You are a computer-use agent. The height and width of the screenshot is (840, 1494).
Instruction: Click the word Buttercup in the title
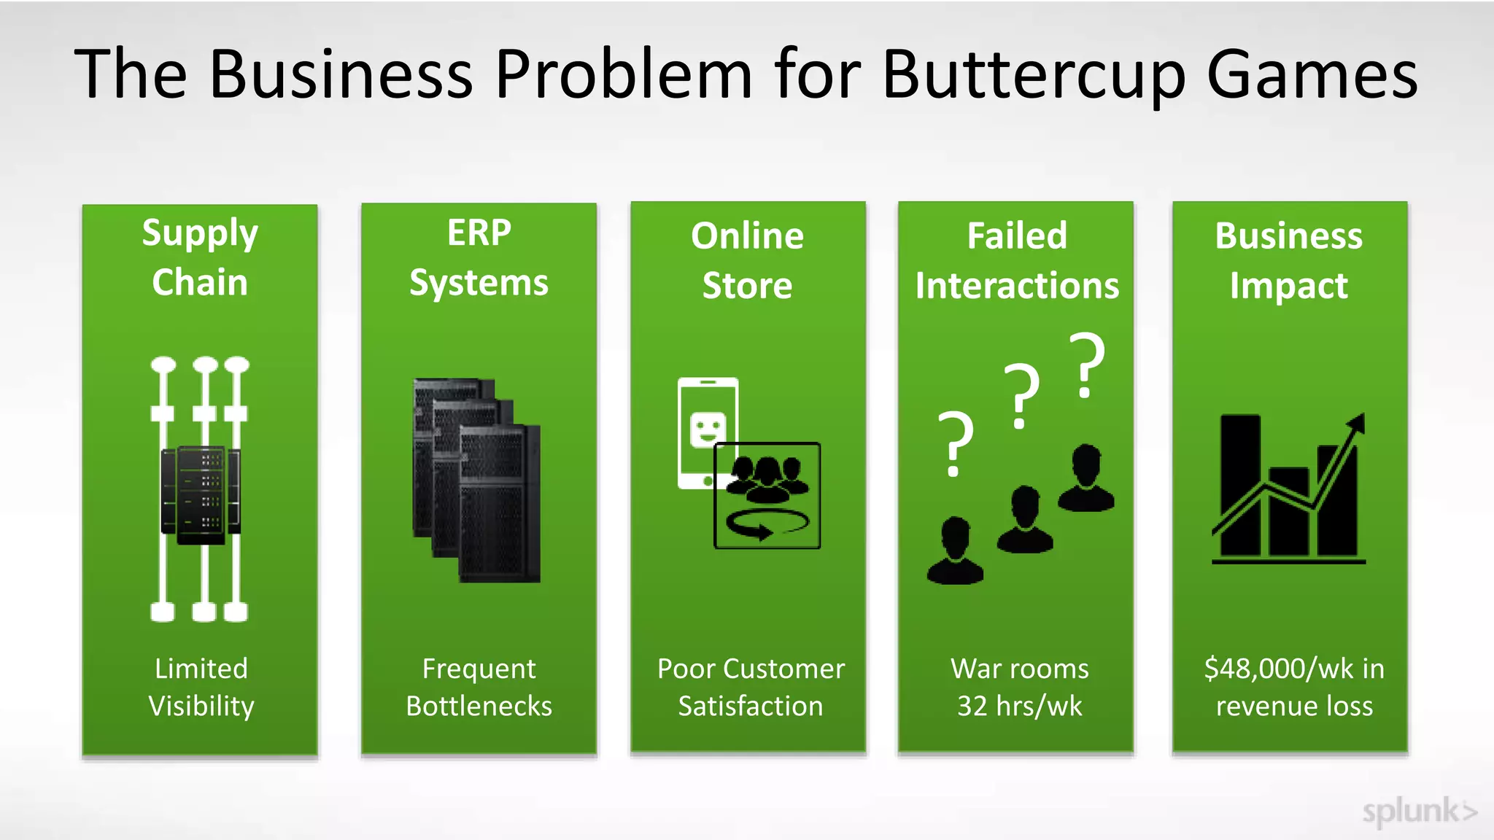click(x=1035, y=74)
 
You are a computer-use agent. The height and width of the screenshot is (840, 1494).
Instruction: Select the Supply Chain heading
click(x=200, y=257)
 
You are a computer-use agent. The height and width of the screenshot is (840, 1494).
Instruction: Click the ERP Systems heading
click(x=479, y=257)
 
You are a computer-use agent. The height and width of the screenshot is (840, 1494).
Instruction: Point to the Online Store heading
click(x=747, y=260)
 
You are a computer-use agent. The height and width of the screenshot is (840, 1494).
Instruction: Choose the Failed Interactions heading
click(x=1016, y=260)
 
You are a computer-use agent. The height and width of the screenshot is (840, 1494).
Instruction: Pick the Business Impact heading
click(x=1288, y=260)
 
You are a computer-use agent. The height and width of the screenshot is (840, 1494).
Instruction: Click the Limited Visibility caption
click(x=201, y=687)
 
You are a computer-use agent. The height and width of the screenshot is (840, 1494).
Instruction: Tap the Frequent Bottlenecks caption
click(x=479, y=687)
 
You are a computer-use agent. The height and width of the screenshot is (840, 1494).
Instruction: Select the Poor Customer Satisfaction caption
click(x=751, y=687)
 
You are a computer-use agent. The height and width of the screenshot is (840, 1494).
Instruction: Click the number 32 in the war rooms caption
click(x=972, y=706)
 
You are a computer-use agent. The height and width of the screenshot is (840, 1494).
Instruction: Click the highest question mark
click(x=1087, y=365)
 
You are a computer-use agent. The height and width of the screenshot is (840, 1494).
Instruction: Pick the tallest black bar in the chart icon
click(x=1240, y=485)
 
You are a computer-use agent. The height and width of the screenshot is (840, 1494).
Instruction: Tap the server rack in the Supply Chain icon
click(x=201, y=495)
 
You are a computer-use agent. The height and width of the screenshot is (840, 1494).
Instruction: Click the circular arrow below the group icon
click(x=766, y=524)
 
